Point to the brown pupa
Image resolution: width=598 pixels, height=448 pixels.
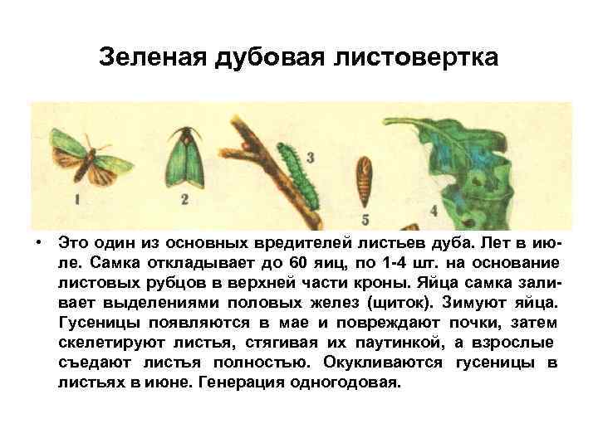363,180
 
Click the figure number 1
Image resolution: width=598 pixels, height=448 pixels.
76,200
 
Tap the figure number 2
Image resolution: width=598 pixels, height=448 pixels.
184,199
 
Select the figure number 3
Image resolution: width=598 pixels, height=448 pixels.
310,157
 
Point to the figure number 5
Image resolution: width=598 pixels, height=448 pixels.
365,219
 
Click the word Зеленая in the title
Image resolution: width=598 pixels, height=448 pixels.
155,58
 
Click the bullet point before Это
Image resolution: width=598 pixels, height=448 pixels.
38,242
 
